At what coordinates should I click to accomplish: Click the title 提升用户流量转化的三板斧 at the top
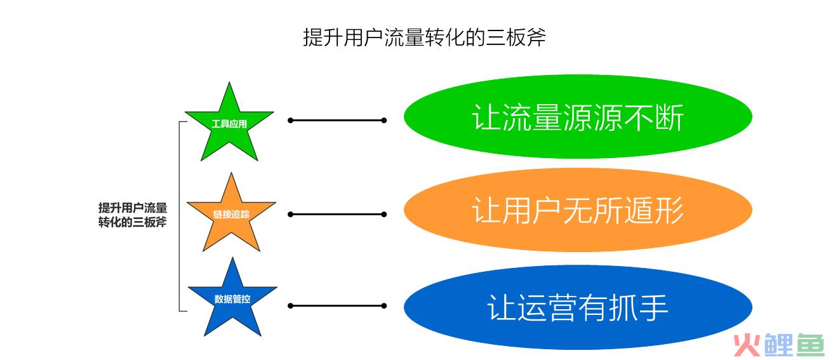click(x=424, y=37)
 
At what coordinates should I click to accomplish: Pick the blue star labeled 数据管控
click(x=232, y=300)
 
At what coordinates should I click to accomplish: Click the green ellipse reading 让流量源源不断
click(x=578, y=117)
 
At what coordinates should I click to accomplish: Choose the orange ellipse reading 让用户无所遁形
click(x=578, y=210)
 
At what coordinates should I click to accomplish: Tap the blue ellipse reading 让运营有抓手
click(x=578, y=307)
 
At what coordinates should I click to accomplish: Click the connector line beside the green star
click(x=337, y=121)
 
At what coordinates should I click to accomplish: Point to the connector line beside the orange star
click(x=337, y=215)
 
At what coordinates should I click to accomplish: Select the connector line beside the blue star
click(x=337, y=306)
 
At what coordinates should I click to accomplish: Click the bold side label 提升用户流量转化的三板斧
click(x=132, y=215)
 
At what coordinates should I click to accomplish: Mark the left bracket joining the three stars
click(x=180, y=217)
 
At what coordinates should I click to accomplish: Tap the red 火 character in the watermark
click(x=747, y=345)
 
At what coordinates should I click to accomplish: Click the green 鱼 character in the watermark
click(x=810, y=345)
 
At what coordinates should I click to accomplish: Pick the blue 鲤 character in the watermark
click(x=778, y=345)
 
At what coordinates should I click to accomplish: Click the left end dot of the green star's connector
click(x=290, y=121)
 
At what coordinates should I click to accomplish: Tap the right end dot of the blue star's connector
click(x=384, y=306)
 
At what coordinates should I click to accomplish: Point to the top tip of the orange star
click(x=231, y=173)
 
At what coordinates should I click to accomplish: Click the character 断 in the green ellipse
click(x=670, y=117)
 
